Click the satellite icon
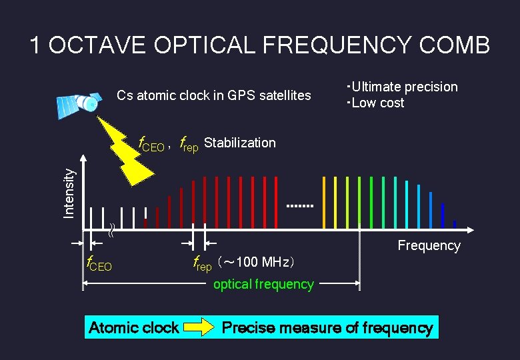79,103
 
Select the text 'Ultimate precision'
404,87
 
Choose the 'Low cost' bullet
377,103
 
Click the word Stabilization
239,143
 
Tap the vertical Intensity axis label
69,192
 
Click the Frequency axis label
429,245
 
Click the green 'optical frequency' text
263,284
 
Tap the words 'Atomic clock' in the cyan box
133,327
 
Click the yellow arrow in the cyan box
199,327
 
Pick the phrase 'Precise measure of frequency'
327,327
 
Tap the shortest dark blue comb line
455,224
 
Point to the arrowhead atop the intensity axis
83,159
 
